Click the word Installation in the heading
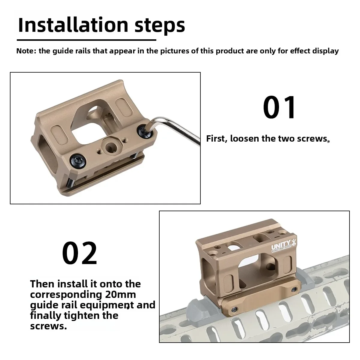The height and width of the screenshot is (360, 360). coord(73,25)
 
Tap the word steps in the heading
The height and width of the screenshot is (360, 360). coord(160,26)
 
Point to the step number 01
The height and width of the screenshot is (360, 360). coord(279,107)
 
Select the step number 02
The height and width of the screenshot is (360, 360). coord(79,253)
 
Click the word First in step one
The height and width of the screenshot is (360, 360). coord(217,139)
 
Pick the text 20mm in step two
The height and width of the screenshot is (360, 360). coord(121,295)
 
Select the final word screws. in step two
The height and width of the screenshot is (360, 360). coord(48,326)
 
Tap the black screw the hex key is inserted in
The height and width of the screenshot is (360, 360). coord(145,131)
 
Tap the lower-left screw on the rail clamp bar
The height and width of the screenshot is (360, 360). coord(235,310)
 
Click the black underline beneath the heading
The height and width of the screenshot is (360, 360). coord(86,40)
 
